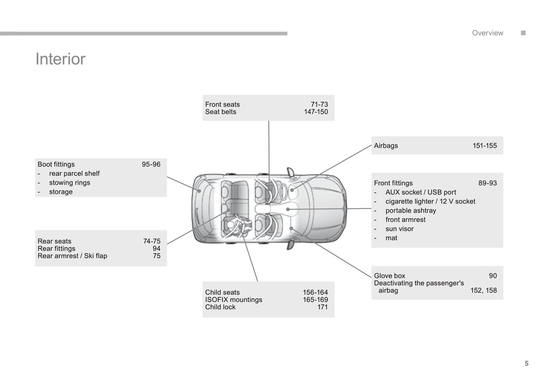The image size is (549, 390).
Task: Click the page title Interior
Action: click(60, 59)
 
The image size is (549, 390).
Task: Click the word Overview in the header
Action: click(487, 33)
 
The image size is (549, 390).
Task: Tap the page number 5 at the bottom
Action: click(526, 363)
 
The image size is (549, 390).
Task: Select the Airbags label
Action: click(386, 146)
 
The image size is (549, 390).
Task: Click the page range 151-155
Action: click(484, 146)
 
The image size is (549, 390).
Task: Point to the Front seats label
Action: click(222, 105)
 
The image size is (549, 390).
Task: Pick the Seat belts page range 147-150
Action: click(316, 112)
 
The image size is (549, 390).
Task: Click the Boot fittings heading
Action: click(56, 165)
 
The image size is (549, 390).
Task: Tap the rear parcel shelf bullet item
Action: click(74, 174)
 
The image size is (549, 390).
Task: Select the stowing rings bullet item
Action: click(70, 183)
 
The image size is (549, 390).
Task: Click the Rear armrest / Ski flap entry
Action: click(72, 256)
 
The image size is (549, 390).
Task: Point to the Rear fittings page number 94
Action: click(157, 249)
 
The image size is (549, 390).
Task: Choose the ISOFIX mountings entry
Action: click(233, 300)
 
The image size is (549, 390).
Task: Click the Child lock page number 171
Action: click(322, 307)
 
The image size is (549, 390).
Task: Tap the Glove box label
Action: click(389, 276)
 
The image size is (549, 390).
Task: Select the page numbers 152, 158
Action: click(483, 290)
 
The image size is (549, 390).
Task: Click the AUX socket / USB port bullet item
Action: click(421, 192)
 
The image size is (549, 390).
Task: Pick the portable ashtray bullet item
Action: click(411, 211)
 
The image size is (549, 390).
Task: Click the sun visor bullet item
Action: click(399, 229)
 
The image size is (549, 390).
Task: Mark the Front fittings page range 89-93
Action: click(487, 183)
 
